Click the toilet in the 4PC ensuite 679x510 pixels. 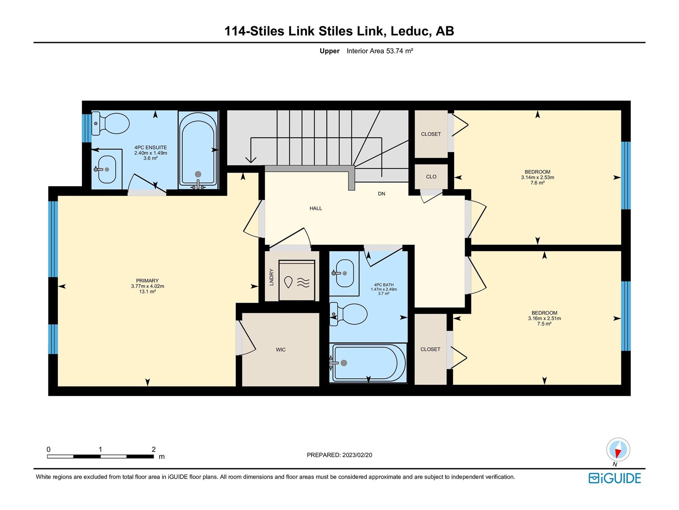(110, 124)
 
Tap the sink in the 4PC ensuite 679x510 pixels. (106, 170)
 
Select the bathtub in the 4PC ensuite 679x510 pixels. (198, 150)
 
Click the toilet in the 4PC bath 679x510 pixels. (348, 314)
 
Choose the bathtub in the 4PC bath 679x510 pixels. (368, 363)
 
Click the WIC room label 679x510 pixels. (281, 350)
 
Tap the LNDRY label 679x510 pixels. (272, 277)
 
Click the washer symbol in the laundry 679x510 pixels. (297, 280)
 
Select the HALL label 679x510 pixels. (316, 208)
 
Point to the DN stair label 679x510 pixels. (382, 194)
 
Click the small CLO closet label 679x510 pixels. (431, 177)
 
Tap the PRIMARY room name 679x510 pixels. (147, 280)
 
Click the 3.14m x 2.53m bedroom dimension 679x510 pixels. (537, 177)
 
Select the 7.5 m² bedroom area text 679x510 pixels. (544, 323)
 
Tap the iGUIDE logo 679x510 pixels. (614, 478)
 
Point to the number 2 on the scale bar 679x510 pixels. (154, 449)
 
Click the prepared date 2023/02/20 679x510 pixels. (357, 455)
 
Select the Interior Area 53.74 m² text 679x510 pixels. (379, 51)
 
